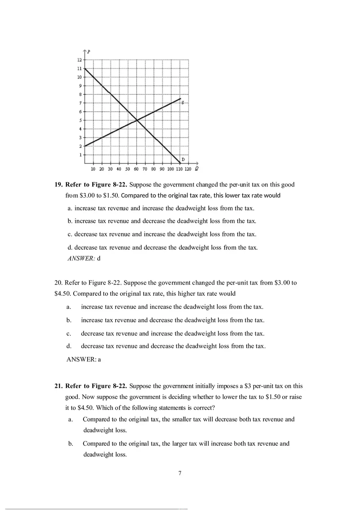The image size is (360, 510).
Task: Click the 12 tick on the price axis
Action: [80, 60]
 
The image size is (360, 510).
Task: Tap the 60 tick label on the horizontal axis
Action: [136, 169]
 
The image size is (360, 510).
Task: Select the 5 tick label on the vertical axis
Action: [80, 120]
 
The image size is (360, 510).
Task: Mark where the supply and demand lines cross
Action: [137, 120]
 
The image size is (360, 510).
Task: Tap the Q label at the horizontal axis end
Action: [197, 168]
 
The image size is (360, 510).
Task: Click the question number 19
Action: [59, 184]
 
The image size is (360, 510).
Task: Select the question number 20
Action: [59, 283]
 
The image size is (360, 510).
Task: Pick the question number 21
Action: [59, 386]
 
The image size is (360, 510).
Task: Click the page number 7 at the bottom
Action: [180, 474]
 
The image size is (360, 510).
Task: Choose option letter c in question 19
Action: [70, 234]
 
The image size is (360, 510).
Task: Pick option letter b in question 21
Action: [70, 443]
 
